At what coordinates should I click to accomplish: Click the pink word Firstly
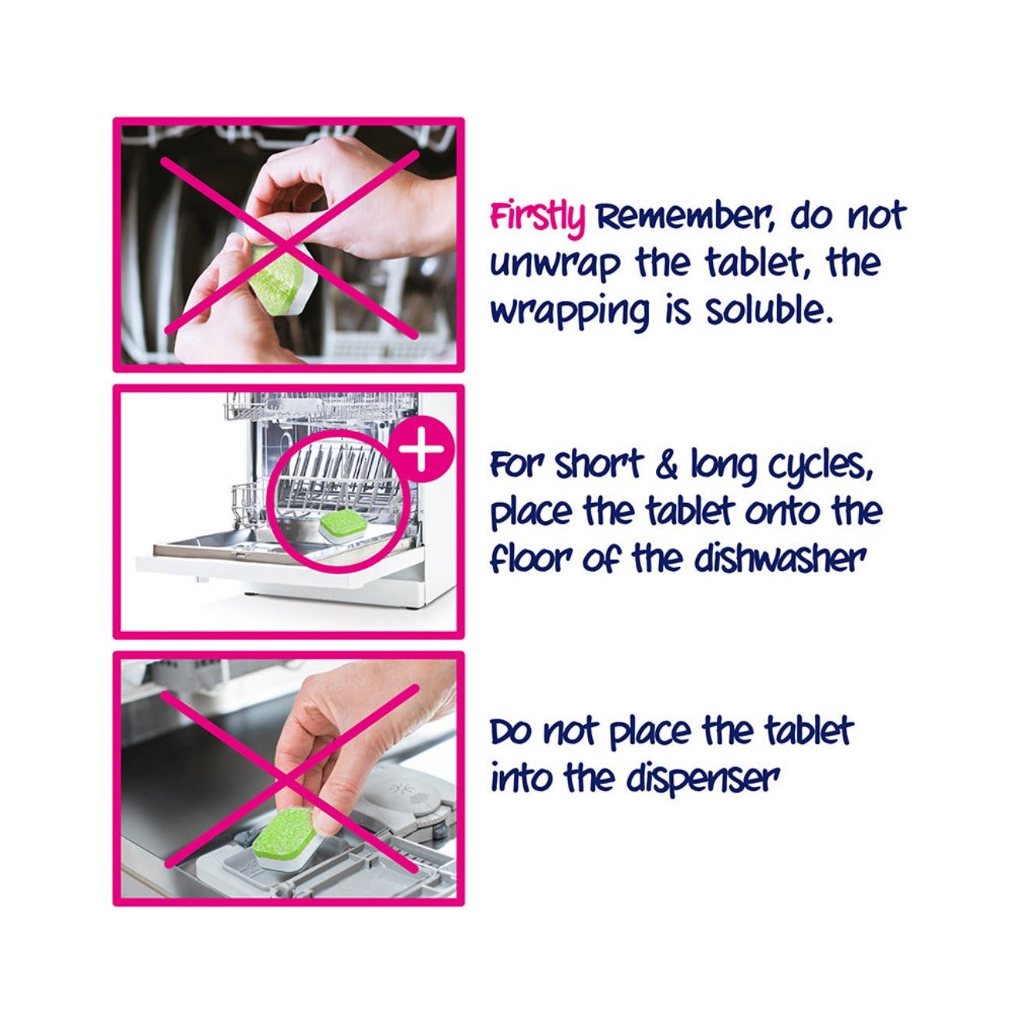click(x=537, y=217)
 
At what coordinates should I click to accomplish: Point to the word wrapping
click(x=570, y=313)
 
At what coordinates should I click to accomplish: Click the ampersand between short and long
click(x=667, y=466)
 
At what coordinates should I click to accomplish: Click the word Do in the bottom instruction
click(x=509, y=732)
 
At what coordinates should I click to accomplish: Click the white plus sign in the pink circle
click(x=421, y=448)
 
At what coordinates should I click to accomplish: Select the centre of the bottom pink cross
click(x=290, y=778)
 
